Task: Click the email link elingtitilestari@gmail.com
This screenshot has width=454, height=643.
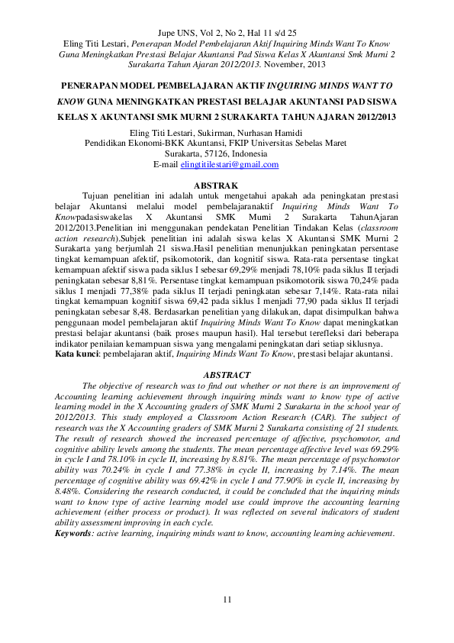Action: point(229,164)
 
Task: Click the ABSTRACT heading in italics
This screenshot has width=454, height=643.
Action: point(227,376)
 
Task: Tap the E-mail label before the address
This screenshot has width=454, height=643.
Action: point(166,164)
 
